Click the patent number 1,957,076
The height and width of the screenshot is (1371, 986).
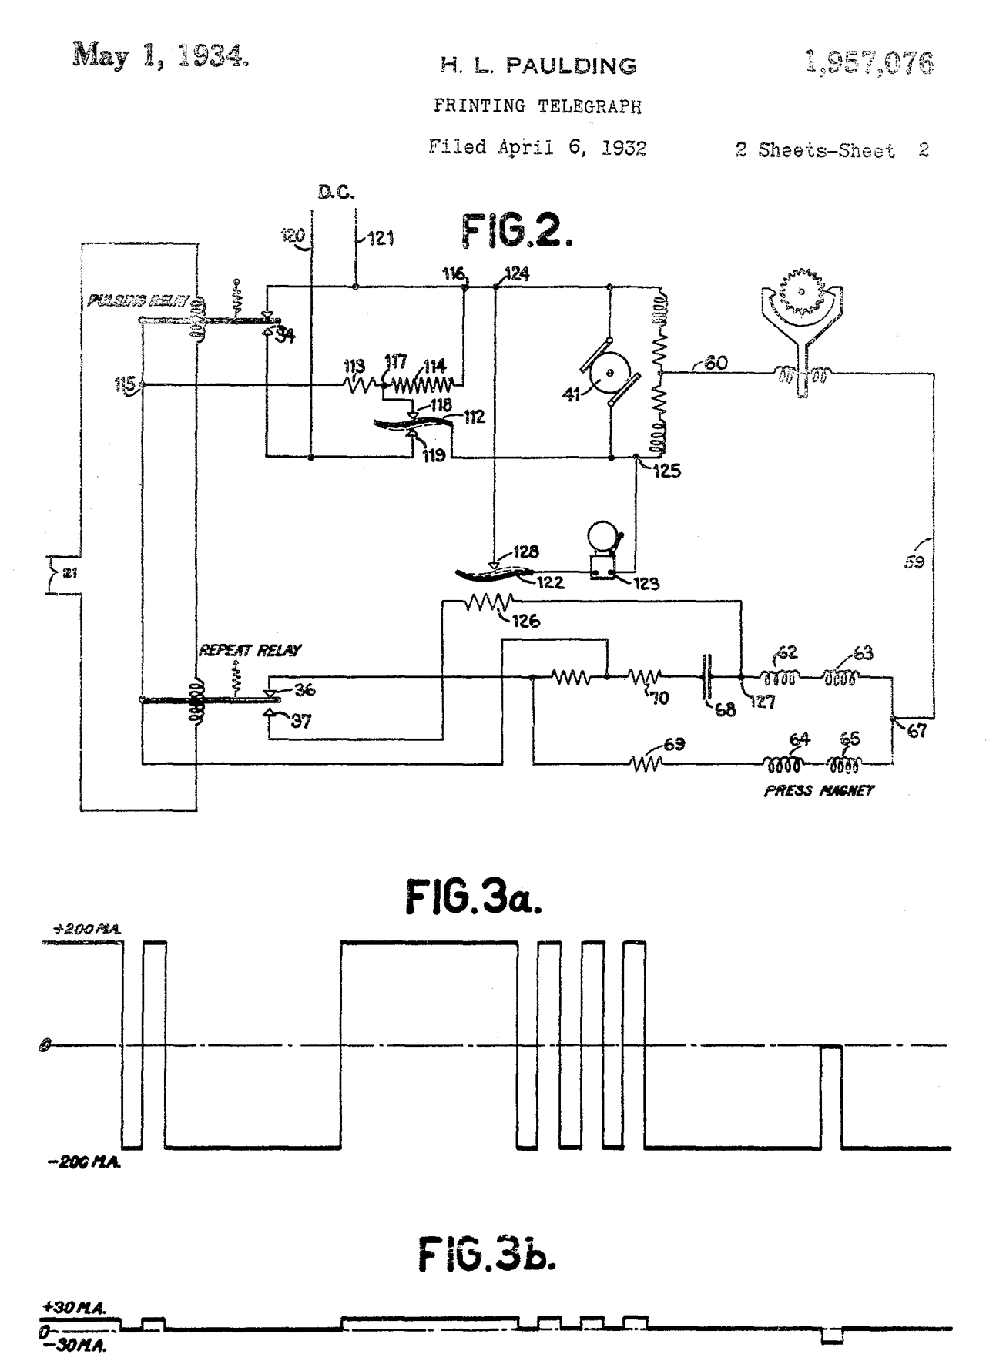(x=869, y=62)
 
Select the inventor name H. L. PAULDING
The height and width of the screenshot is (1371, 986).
(x=538, y=66)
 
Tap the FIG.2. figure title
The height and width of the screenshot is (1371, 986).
(x=517, y=230)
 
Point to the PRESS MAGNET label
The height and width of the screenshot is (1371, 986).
(x=819, y=791)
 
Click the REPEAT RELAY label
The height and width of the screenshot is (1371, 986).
(x=250, y=650)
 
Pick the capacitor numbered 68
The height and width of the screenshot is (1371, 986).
(x=706, y=678)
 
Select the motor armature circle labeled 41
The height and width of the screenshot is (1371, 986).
(x=609, y=373)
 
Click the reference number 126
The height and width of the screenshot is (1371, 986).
(x=525, y=621)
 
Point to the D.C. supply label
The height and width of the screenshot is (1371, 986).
(x=336, y=193)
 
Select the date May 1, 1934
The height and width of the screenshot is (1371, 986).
(x=160, y=57)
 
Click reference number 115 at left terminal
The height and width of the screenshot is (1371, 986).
(x=126, y=384)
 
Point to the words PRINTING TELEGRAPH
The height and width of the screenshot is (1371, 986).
(x=537, y=106)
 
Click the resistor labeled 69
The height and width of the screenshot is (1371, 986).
(x=646, y=764)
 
